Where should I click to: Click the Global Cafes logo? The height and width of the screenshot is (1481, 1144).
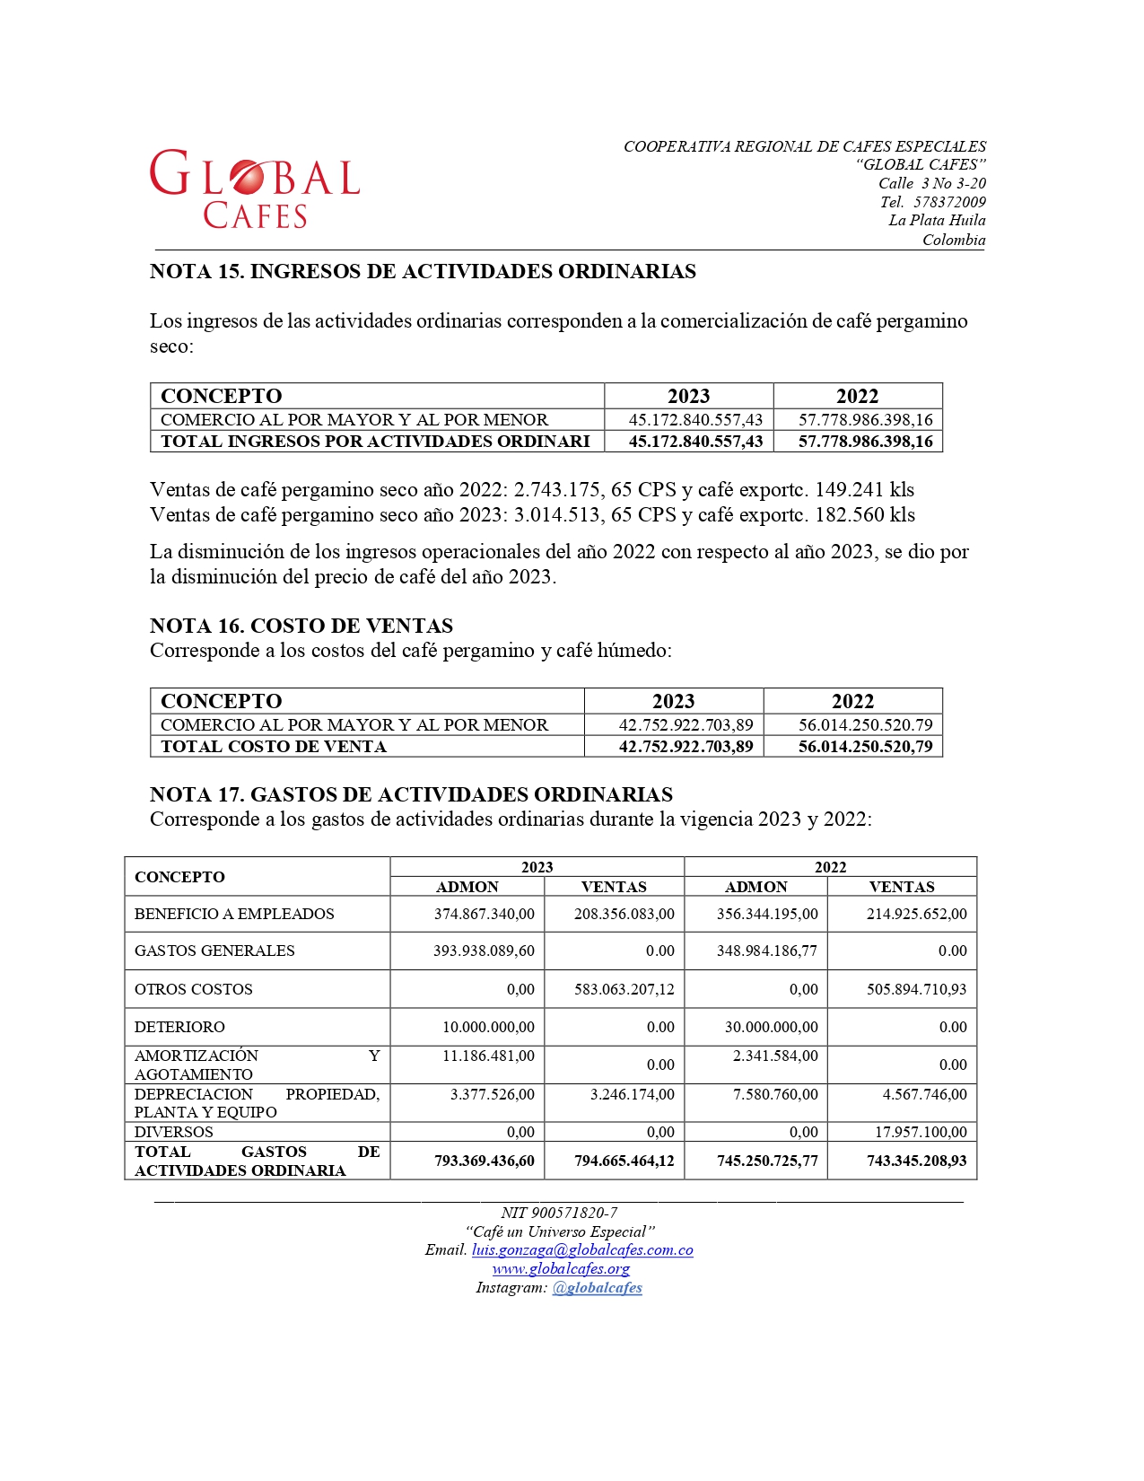point(255,188)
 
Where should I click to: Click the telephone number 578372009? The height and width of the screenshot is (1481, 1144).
point(949,202)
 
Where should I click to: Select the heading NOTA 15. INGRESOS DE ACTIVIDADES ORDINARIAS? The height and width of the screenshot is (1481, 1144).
point(423,272)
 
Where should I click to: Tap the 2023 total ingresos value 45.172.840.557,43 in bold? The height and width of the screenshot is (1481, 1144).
point(695,442)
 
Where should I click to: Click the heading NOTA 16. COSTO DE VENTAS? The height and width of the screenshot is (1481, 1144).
point(301,626)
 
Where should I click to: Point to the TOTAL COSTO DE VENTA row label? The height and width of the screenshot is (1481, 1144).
point(274,747)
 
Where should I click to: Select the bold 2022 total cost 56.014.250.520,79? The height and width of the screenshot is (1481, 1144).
point(865,747)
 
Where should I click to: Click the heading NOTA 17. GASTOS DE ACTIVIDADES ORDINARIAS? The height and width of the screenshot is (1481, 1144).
point(411,794)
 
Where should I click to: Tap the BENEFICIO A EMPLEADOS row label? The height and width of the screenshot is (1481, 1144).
point(234,914)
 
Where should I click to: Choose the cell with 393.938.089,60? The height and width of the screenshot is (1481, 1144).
point(484,951)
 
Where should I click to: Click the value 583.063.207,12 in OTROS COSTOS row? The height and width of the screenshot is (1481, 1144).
point(624,989)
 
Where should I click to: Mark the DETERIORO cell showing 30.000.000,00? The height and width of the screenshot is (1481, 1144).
point(771,1027)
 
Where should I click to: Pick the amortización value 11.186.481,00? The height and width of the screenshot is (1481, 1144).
point(488,1056)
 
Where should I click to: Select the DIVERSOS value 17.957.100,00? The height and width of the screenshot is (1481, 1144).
point(921,1132)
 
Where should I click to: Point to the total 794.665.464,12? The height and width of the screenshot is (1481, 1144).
point(624,1161)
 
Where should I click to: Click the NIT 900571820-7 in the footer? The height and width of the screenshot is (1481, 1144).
point(559,1213)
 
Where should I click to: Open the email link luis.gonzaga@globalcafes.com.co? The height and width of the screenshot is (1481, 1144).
point(582,1250)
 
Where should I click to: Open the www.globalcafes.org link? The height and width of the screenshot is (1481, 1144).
point(561,1269)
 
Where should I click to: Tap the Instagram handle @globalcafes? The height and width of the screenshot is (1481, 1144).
point(597,1288)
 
